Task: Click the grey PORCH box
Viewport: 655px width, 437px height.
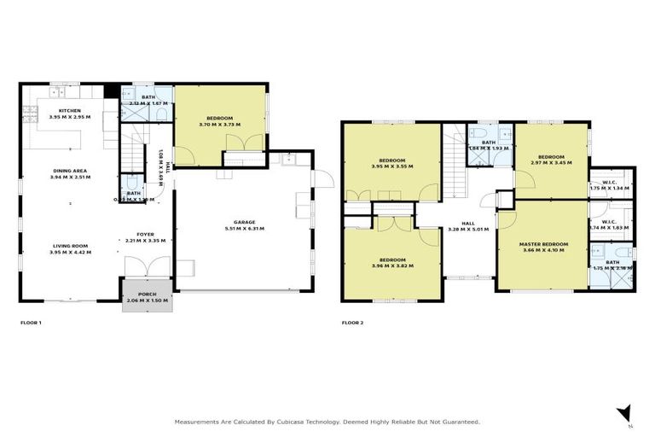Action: (147, 298)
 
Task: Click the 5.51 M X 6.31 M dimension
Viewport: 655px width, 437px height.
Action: (244, 229)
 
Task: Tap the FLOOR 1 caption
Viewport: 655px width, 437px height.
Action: (32, 323)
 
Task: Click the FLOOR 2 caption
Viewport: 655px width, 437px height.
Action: (353, 323)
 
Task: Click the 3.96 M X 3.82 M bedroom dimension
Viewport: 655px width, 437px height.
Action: (392, 266)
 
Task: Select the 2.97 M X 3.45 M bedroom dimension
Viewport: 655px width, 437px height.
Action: (550, 162)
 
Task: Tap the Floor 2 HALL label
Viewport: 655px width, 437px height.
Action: (467, 222)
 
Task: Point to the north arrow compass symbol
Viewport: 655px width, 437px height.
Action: (625, 412)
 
